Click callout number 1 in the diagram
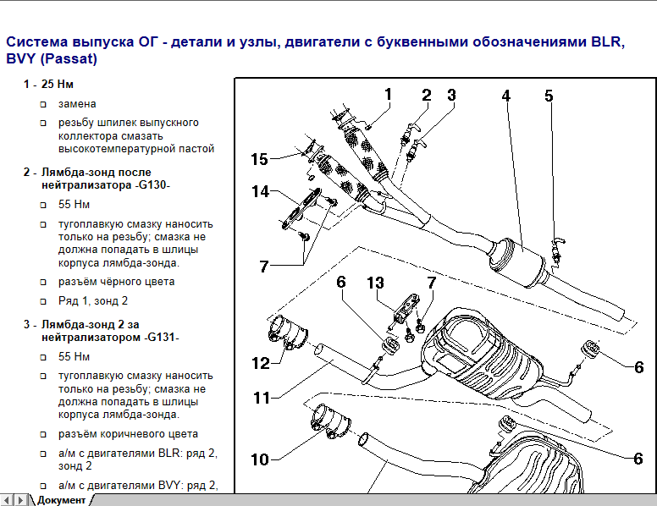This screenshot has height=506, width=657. click(x=388, y=94)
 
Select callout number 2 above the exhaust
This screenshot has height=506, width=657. click(x=427, y=96)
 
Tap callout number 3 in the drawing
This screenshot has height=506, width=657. click(x=451, y=96)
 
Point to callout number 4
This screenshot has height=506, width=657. click(x=505, y=96)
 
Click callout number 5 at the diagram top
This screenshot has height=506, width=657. click(x=549, y=96)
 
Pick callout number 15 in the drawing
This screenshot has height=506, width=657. click(x=259, y=159)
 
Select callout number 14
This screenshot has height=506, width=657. click(x=260, y=192)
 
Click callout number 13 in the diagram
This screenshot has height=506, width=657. click(x=375, y=282)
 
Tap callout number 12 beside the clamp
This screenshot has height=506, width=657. click(x=260, y=363)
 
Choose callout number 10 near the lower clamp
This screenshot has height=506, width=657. click(x=259, y=459)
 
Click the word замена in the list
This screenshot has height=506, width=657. click(x=77, y=104)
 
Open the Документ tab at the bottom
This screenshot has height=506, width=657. click(x=60, y=499)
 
